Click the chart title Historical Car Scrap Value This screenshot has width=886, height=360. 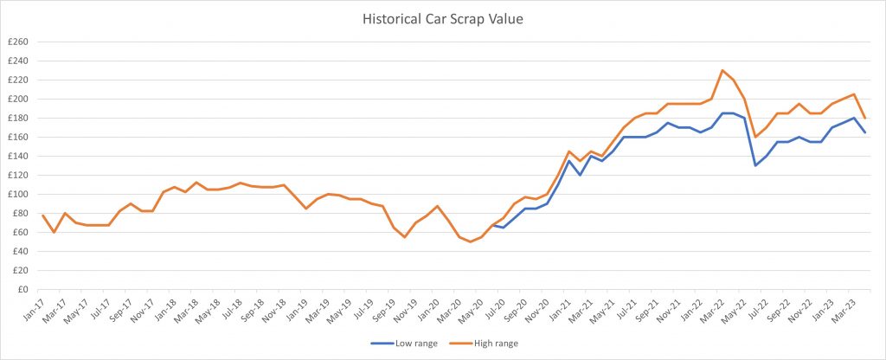point(443,17)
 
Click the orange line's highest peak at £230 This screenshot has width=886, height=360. point(722,70)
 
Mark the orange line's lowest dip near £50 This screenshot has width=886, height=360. point(471,241)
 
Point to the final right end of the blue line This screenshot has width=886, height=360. point(865,132)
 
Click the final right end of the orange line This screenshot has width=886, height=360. point(865,118)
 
